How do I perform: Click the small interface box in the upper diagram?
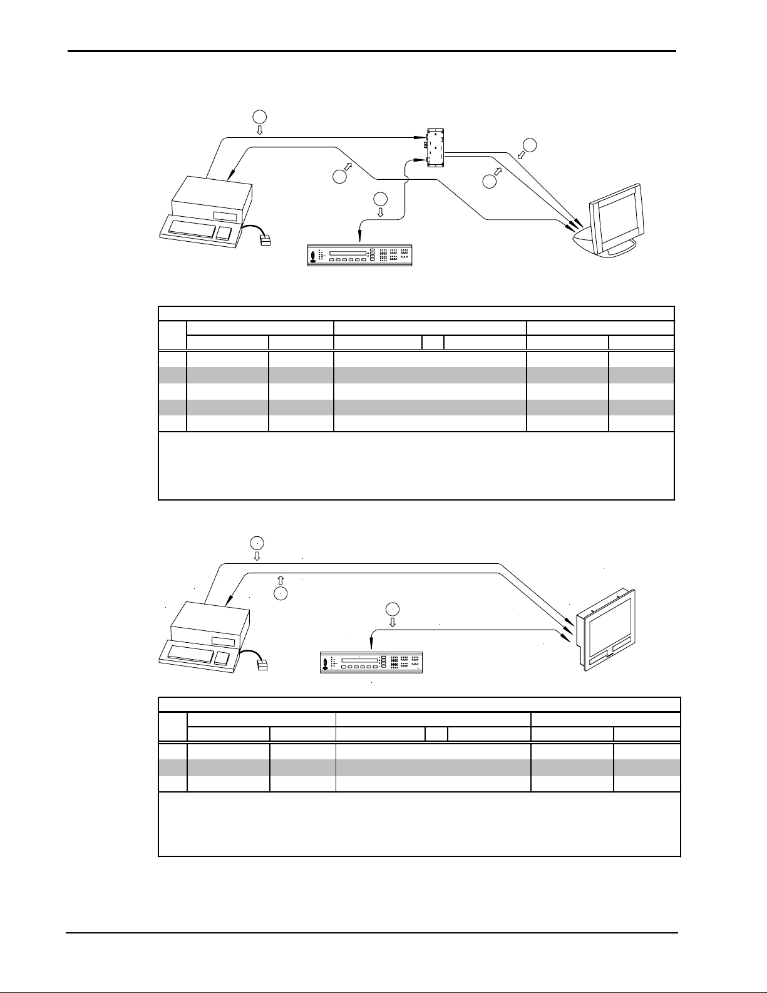pyautogui.click(x=435, y=148)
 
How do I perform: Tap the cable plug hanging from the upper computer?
pyautogui.click(x=265, y=239)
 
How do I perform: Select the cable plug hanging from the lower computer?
pyautogui.click(x=262, y=665)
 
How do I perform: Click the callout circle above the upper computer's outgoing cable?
pyautogui.click(x=259, y=115)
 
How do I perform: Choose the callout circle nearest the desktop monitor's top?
pyautogui.click(x=530, y=144)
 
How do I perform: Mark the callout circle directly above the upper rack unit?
pyautogui.click(x=380, y=200)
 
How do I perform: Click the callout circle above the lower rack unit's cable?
pyautogui.click(x=393, y=608)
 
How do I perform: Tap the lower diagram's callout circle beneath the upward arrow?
pyautogui.click(x=281, y=594)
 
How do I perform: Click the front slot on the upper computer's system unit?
pyautogui.click(x=225, y=215)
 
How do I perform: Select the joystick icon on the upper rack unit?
pyautogui.click(x=312, y=256)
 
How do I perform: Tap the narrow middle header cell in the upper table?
pyautogui.click(x=433, y=342)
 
